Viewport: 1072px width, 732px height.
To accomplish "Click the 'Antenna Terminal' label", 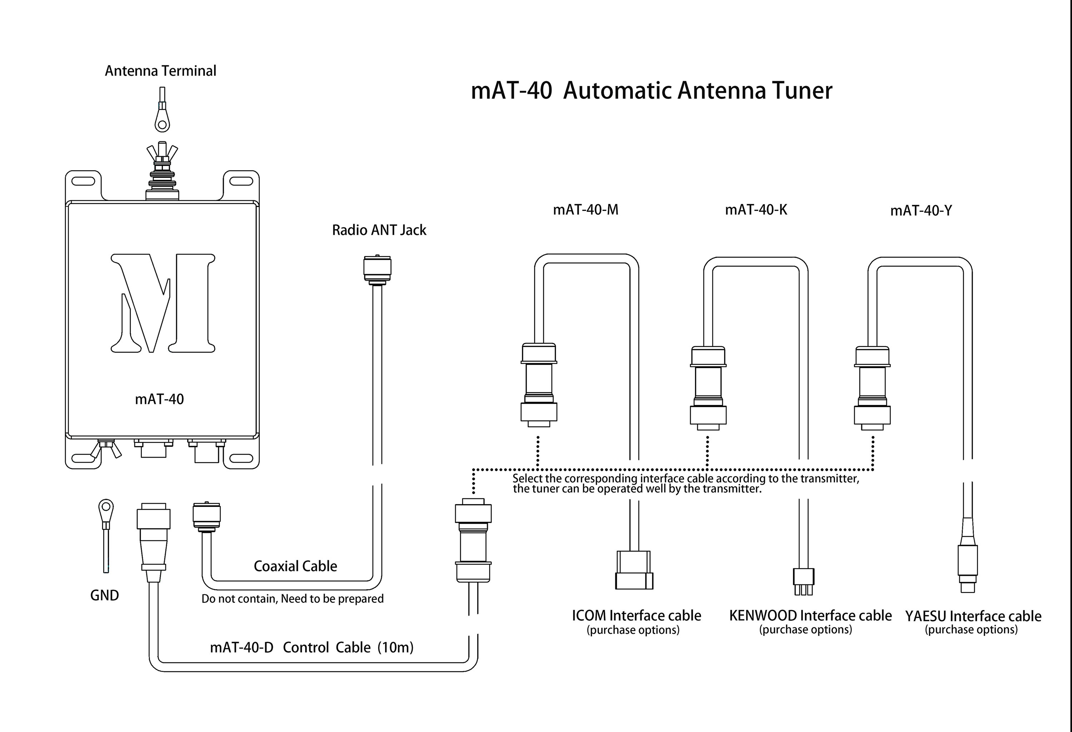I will click(x=160, y=71).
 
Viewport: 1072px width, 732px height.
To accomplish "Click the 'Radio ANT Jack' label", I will click(x=379, y=230).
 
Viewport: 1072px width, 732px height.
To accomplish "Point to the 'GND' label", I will click(x=104, y=596).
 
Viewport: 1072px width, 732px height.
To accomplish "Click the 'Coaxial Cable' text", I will click(x=295, y=566).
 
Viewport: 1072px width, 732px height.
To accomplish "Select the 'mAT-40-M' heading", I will click(x=585, y=210).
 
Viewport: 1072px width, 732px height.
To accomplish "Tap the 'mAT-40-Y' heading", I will click(x=921, y=211).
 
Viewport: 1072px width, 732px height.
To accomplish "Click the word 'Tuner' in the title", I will click(x=802, y=90).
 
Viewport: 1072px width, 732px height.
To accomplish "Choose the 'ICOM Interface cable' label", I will click(x=636, y=616).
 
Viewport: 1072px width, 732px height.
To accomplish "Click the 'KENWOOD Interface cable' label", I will click(x=810, y=616).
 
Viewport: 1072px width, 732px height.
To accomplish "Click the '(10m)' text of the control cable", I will click(x=395, y=648).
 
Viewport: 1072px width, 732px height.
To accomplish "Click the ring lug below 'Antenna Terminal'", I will click(x=162, y=120).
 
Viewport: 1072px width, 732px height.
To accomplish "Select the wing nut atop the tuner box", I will click(x=162, y=152).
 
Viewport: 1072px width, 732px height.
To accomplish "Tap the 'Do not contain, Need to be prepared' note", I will click(x=292, y=599).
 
